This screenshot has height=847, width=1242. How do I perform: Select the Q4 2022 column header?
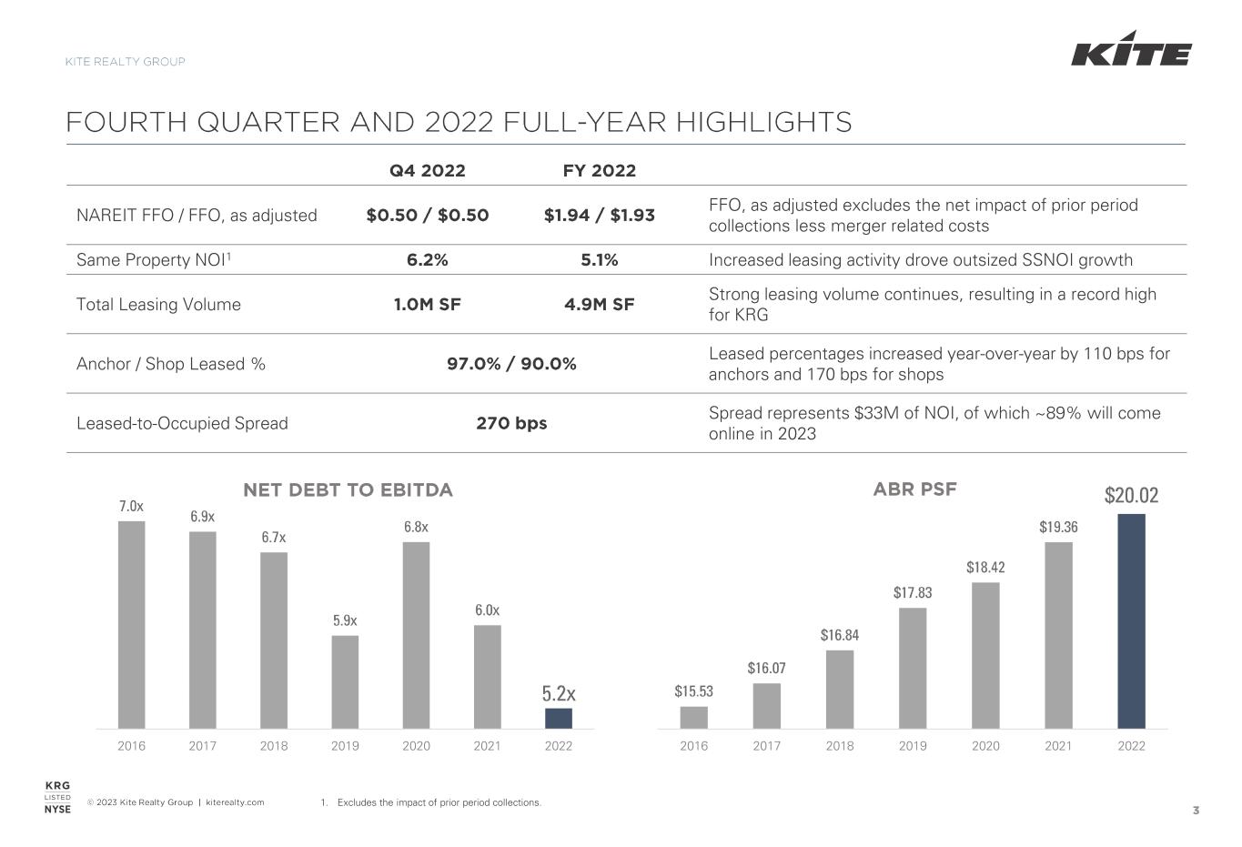[427, 170]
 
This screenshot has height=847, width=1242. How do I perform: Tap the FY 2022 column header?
[600, 170]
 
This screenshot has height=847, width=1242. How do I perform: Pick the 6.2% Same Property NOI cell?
[427, 260]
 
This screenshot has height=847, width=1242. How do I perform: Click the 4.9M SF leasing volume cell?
[600, 304]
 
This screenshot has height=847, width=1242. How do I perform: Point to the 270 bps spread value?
[511, 423]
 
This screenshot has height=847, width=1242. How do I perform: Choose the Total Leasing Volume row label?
[158, 304]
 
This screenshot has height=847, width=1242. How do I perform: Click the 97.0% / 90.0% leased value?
[511, 364]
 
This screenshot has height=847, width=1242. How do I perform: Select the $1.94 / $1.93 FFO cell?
[600, 216]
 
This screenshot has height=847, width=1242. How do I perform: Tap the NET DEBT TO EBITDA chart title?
[348, 490]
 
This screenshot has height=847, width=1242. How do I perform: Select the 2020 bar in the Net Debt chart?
[416, 635]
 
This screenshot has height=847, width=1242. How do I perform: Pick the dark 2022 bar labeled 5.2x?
[559, 718]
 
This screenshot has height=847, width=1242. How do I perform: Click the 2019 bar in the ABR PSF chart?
[913, 668]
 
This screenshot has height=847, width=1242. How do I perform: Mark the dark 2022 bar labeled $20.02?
[1131, 620]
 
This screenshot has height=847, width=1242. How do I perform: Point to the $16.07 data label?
[767, 669]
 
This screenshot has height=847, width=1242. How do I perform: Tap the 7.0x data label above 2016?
[131, 506]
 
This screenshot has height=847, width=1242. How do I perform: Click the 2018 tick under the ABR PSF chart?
[840, 746]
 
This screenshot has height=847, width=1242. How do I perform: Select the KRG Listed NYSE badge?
[57, 798]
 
